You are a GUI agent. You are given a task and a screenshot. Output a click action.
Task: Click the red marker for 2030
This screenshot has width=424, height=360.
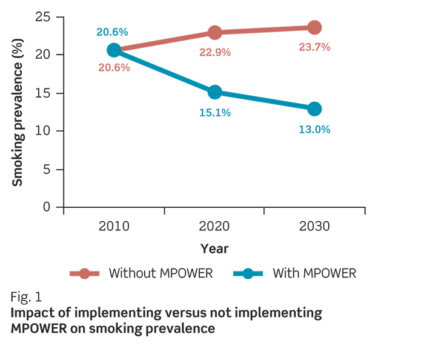tap(314, 27)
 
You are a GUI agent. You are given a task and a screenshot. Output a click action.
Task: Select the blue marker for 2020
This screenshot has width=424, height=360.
tap(214, 92)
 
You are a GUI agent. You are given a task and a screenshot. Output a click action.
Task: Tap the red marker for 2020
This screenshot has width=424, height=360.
tap(214, 33)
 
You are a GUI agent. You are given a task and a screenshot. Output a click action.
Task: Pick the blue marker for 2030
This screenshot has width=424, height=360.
tap(314, 109)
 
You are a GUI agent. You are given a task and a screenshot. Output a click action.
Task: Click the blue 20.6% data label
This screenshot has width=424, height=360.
tap(112, 32)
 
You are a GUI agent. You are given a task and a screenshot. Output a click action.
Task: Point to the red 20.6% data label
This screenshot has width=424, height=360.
tap(114, 67)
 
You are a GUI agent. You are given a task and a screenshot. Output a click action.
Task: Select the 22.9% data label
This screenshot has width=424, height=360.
tap(214, 52)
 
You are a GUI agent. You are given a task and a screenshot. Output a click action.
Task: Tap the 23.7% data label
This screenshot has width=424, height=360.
tap(314, 47)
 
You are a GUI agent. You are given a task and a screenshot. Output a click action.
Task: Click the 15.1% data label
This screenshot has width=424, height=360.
tap(214, 113)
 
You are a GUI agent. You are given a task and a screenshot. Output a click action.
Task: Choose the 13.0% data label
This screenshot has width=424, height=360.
tap(314, 129)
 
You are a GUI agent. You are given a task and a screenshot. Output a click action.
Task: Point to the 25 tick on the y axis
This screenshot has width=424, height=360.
tap(42, 16)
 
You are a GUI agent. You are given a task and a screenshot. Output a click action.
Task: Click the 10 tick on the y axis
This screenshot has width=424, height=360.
tap(42, 131)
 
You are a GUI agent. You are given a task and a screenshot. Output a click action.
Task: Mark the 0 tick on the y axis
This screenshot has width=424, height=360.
tap(46, 207)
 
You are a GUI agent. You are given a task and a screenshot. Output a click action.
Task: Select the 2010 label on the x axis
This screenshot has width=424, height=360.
tap(114, 227)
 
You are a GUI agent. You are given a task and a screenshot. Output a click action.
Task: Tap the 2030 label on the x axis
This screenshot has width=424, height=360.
tap(314, 227)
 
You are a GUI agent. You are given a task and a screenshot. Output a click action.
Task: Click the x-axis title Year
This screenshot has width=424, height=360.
tap(214, 248)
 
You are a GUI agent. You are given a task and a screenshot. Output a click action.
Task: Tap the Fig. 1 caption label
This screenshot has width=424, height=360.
tap(25, 297)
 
